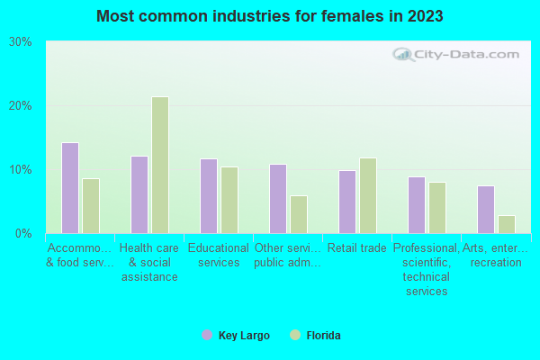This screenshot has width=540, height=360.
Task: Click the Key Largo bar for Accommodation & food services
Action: tap(69, 188)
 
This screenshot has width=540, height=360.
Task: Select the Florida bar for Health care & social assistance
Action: tap(159, 165)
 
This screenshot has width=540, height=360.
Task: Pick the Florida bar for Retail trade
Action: tap(367, 195)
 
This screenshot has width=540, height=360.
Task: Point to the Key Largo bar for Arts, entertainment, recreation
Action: tap(485, 210)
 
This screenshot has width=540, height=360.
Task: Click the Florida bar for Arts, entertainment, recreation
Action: tap(506, 224)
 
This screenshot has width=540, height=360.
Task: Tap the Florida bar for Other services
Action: tap(298, 214)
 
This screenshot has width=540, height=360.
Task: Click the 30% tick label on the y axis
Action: tap(21, 42)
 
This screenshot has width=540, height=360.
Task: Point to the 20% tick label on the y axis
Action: tap(21, 106)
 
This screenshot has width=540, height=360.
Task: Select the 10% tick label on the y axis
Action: tap(21, 170)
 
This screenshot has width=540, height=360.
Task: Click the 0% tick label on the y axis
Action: tap(23, 234)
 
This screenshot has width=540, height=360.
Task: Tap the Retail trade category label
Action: tap(356, 248)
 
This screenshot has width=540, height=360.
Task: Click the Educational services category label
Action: tap(219, 256)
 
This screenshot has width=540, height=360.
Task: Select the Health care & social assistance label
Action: tap(148, 263)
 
